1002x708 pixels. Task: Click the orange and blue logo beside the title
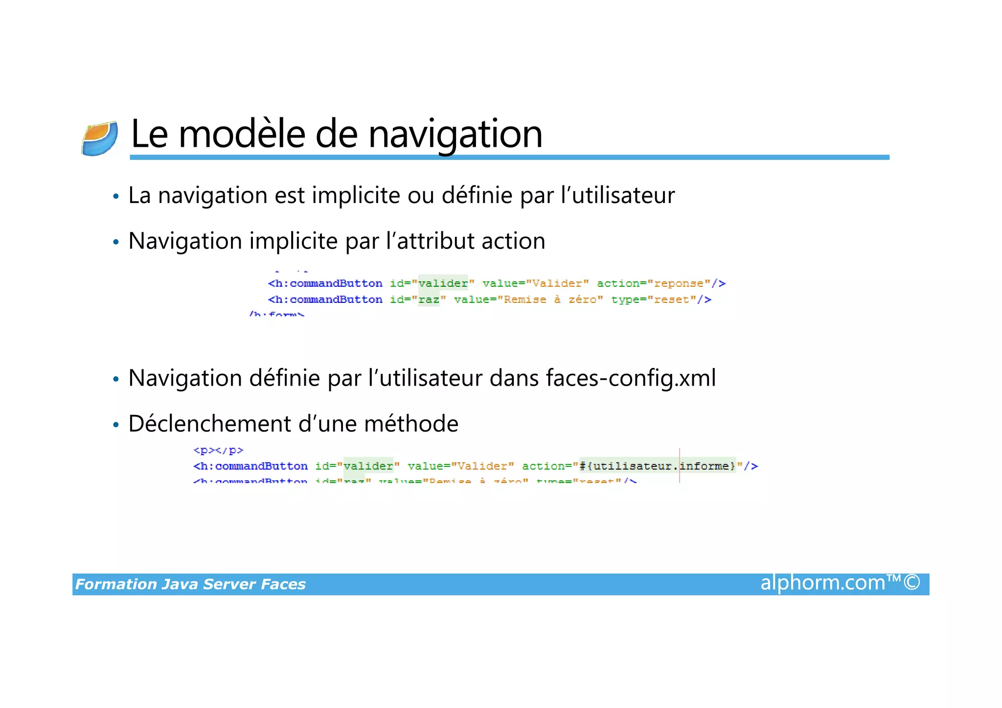point(100,138)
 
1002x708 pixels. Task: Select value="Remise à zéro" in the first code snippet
point(528,299)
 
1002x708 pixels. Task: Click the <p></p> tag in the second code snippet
point(218,450)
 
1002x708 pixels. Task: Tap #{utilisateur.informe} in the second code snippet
point(657,466)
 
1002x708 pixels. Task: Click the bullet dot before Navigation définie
point(116,379)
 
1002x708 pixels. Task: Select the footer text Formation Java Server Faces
point(190,584)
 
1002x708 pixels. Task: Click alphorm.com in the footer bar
point(823,583)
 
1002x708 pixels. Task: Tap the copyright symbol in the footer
point(912,583)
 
